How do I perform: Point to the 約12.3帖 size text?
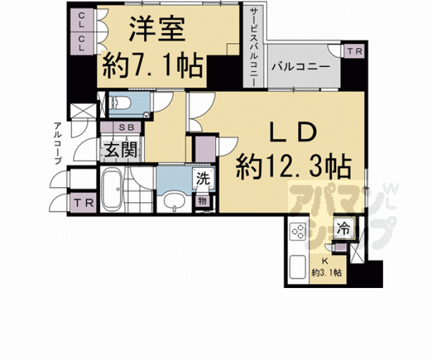292,167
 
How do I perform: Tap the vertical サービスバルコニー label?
254,44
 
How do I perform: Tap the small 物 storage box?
203,200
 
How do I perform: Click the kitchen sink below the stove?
297,266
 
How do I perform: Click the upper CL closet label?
82,24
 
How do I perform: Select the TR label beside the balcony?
354,52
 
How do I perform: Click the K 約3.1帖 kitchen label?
326,267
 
